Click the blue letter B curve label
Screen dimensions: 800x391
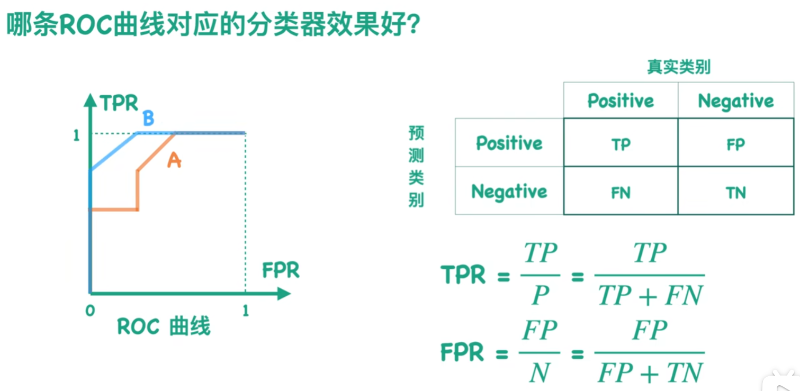point(148,119)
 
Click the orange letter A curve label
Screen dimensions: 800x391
point(174,160)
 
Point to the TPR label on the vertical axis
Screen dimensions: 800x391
point(119,103)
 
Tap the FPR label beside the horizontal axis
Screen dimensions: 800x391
point(281,270)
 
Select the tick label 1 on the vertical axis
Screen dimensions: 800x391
point(77,135)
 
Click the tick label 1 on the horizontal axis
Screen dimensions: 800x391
point(246,311)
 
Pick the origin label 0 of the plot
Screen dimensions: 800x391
point(90,311)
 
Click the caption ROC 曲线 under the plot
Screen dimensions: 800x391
point(164,326)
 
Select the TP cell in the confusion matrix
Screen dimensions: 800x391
point(621,144)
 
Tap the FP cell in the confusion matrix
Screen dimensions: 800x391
point(735,144)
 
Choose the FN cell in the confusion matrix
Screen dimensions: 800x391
point(621,193)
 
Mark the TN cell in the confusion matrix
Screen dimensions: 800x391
point(735,193)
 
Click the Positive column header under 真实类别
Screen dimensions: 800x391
point(621,101)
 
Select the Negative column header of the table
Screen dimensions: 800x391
point(735,101)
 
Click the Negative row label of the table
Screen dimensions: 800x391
point(509,192)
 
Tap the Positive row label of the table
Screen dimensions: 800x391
point(509,143)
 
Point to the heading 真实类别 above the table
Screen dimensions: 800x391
point(678,67)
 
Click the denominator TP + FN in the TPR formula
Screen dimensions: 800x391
point(650,296)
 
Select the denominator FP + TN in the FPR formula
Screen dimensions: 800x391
point(650,372)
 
